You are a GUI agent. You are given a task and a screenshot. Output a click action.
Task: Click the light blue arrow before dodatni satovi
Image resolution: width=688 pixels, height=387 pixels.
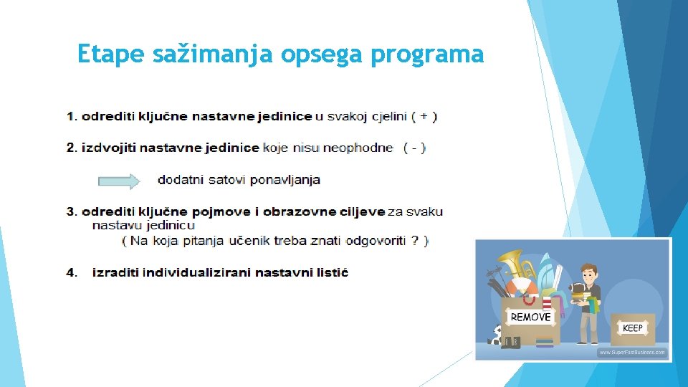tap(119, 181)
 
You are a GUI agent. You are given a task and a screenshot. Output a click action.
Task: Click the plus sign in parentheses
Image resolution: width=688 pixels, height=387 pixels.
tap(424, 116)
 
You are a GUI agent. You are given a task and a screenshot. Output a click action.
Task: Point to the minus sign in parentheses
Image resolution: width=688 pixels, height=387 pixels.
tap(415, 148)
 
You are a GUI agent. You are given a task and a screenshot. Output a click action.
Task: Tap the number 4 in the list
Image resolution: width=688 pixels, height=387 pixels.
tap(71, 272)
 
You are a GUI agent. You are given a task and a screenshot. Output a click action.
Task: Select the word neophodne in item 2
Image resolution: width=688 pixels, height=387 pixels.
tap(358, 148)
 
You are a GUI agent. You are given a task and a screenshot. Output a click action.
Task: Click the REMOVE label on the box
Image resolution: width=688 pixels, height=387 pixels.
tap(530, 317)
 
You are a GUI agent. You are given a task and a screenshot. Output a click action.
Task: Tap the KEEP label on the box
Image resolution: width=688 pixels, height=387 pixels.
tap(632, 328)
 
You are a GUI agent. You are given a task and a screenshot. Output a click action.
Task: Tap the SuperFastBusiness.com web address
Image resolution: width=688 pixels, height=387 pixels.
tap(631, 353)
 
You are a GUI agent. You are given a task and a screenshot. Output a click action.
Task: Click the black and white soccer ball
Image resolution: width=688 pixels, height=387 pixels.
tap(495, 335)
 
